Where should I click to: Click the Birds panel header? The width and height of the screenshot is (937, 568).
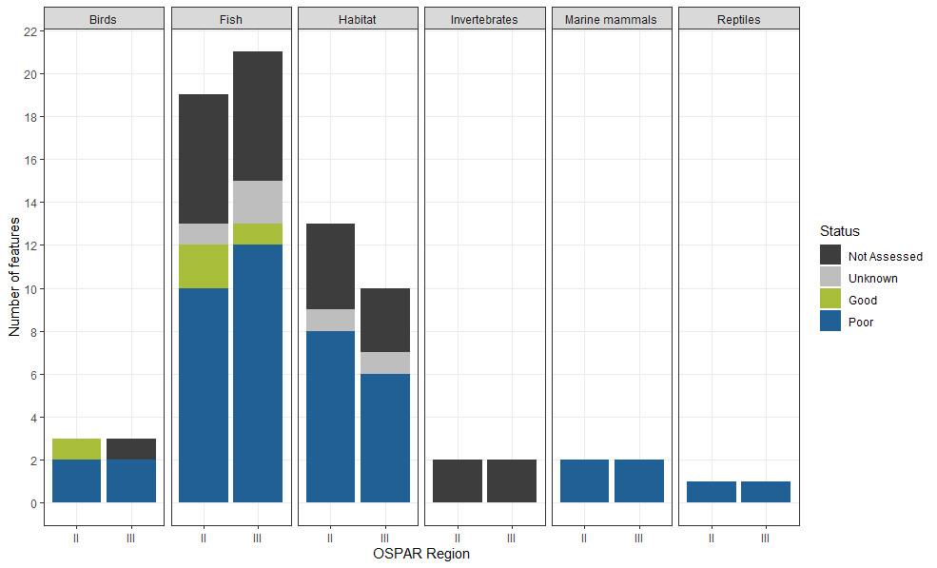click(x=104, y=19)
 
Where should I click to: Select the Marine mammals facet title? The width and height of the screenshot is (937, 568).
click(x=611, y=19)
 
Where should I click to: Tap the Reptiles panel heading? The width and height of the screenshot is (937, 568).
click(x=738, y=19)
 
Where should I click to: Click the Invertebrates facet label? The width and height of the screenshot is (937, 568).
click(x=484, y=19)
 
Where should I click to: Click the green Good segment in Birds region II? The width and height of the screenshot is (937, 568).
click(x=76, y=449)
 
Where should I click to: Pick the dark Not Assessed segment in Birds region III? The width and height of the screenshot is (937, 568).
click(x=131, y=449)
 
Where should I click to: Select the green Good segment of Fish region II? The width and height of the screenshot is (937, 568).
click(x=204, y=266)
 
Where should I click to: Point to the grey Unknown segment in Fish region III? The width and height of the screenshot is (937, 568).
click(x=258, y=202)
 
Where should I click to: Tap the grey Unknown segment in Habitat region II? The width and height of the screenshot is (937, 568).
click(x=330, y=320)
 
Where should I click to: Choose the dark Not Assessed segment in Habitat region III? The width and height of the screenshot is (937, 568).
click(x=384, y=320)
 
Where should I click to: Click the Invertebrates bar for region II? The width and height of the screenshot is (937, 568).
click(x=457, y=480)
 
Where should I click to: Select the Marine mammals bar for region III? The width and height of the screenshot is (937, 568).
click(x=638, y=480)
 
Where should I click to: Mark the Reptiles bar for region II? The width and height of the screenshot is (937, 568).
click(x=711, y=491)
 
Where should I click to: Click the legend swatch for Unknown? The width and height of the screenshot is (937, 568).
click(x=829, y=278)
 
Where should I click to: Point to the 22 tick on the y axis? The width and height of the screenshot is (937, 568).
click(x=29, y=31)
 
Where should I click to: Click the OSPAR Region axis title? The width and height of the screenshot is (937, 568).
click(x=421, y=554)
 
